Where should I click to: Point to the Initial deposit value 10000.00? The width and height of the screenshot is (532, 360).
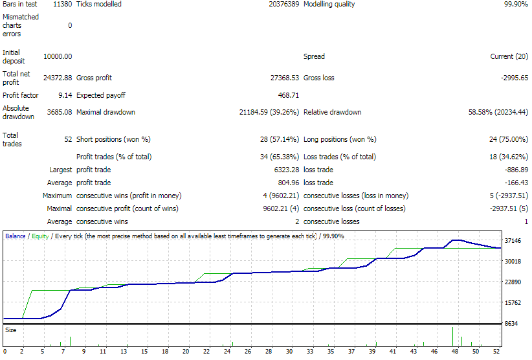pyautogui.click(x=58, y=56)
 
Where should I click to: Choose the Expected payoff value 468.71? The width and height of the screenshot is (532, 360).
pyautogui.click(x=287, y=95)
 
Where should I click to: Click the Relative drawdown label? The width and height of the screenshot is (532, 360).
pyautogui.click(x=332, y=112)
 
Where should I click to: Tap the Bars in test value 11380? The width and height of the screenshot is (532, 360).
pyautogui.click(x=62, y=4)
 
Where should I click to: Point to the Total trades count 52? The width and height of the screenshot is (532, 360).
pyautogui.click(x=68, y=139)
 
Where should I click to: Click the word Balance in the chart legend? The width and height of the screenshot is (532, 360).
pyautogui.click(x=16, y=236)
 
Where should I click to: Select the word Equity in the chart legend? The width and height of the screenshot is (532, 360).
pyautogui.click(x=40, y=236)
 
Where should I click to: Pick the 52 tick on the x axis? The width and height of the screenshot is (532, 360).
pyautogui.click(x=496, y=351)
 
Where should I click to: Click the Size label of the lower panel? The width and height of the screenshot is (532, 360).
pyautogui.click(x=11, y=330)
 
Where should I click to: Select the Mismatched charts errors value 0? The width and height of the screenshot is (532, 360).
pyautogui.click(x=70, y=25)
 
